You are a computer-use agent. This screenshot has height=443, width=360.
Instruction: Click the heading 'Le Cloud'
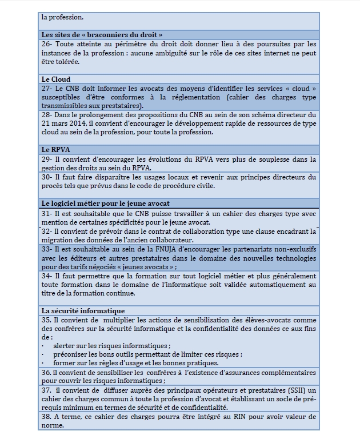click(56, 79)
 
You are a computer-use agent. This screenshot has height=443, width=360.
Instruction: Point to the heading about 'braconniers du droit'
click(102, 35)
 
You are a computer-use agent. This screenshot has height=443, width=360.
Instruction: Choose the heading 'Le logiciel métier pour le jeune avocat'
click(105, 203)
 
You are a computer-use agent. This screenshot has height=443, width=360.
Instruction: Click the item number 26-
click(47, 44)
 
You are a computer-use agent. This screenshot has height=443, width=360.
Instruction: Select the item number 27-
click(47, 89)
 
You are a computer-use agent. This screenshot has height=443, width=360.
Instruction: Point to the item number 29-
click(47, 159)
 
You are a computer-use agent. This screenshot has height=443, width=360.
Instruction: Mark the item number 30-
click(47, 177)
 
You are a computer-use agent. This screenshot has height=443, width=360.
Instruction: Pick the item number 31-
click(47, 213)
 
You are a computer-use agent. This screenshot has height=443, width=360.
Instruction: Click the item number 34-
click(47, 276)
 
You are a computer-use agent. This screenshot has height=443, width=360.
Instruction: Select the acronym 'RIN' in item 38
click(232, 417)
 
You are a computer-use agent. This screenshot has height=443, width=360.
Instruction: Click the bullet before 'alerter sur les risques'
click(43, 346)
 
